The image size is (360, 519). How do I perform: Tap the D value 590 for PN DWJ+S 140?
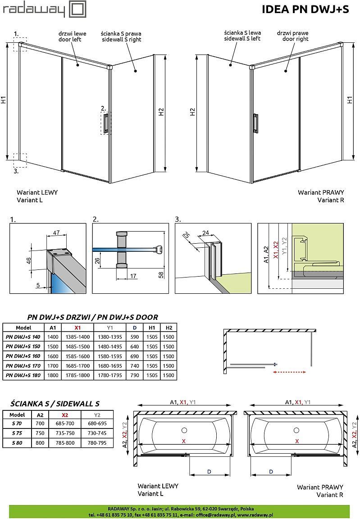point(134,337)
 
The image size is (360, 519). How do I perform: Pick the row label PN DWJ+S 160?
point(23,356)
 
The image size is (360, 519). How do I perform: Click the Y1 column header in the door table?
point(109,328)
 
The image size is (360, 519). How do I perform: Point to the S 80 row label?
point(17,443)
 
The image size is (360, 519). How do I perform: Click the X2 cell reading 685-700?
point(64,424)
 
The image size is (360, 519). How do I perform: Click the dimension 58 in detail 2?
point(161,275)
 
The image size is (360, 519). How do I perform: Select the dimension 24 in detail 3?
point(205,233)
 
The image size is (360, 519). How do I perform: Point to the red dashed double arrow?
point(290,372)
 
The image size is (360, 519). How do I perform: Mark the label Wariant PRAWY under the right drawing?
point(320,192)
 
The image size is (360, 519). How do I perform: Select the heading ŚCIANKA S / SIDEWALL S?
point(55,404)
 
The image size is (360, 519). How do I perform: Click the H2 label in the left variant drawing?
point(161,113)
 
